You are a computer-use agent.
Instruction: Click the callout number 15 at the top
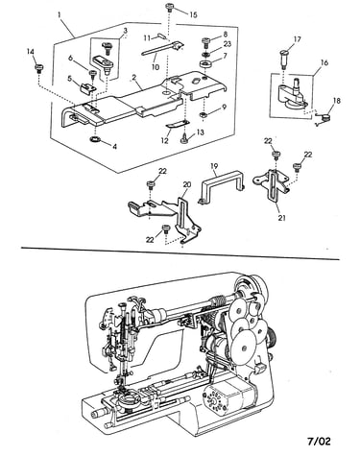pos(193,15)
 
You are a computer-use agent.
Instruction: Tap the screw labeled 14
pos(39,67)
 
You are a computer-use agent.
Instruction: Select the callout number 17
pos(297,39)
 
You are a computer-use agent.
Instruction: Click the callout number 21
pos(281,218)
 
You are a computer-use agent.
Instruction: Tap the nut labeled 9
pos(204,114)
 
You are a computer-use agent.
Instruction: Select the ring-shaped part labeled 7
pos(205,63)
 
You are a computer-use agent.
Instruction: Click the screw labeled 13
pos(185,139)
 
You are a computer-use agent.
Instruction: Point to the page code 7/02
pos(319,442)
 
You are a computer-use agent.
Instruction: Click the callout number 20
pos(187,184)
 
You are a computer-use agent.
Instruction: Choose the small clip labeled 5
pos(86,87)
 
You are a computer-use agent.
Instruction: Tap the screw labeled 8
pos(205,41)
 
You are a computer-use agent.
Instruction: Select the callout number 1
pos(60,14)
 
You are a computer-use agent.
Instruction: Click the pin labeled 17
pos(284,59)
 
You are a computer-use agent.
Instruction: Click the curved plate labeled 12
pos(178,124)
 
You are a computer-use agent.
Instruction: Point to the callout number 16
pos(324,62)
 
